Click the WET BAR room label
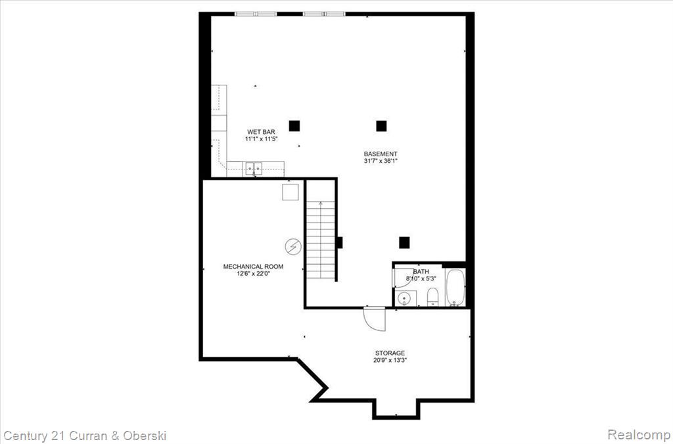[x=261, y=132]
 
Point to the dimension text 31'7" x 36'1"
[x=381, y=161]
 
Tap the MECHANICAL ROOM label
[x=253, y=267]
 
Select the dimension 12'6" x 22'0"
[x=253, y=273]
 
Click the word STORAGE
[x=390, y=353]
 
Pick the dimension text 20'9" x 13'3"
[x=390, y=361]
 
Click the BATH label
[x=421, y=271]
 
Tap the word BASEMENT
[x=381, y=154]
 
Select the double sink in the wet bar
[x=254, y=169]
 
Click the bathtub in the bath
[x=455, y=287]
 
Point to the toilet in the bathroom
[x=432, y=297]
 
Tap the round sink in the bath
[x=404, y=299]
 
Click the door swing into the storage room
[x=374, y=319]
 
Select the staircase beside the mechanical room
[x=321, y=240]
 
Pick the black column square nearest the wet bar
[x=294, y=125]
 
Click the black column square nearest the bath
[x=404, y=243]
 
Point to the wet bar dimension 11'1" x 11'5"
[x=261, y=139]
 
